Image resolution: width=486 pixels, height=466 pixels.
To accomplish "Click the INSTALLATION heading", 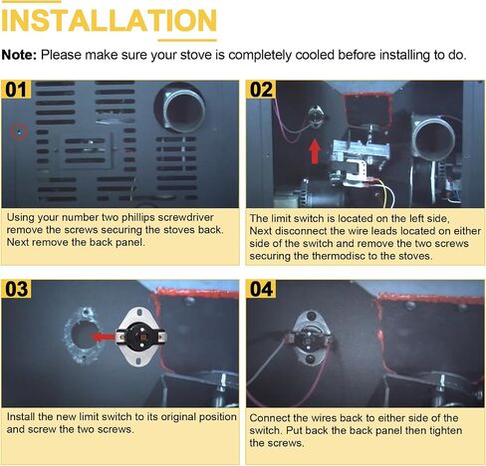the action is click(x=110, y=21).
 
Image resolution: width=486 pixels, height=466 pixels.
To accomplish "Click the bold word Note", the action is click(x=19, y=55).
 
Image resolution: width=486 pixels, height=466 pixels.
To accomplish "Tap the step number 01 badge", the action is click(x=16, y=90).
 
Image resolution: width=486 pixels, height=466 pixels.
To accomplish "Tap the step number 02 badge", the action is click(x=261, y=90).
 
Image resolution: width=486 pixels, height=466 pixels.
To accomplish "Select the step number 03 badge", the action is click(x=16, y=289).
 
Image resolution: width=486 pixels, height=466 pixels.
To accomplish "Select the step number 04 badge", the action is click(x=261, y=289).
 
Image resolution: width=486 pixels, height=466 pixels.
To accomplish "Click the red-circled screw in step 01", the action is click(x=19, y=131).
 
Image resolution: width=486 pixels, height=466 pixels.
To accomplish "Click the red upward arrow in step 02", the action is click(x=315, y=151).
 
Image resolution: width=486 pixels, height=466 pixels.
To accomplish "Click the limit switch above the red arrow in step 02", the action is click(x=315, y=116).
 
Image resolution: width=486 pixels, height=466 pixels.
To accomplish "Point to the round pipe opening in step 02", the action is click(x=434, y=140).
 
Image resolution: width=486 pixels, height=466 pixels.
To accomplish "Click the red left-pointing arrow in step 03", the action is click(x=103, y=338).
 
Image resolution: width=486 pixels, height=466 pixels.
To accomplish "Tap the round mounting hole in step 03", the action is click(x=83, y=336).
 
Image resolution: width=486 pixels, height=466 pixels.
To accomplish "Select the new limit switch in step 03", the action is click(x=140, y=337).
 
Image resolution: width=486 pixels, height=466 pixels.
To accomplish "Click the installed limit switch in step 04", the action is click(x=310, y=338).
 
